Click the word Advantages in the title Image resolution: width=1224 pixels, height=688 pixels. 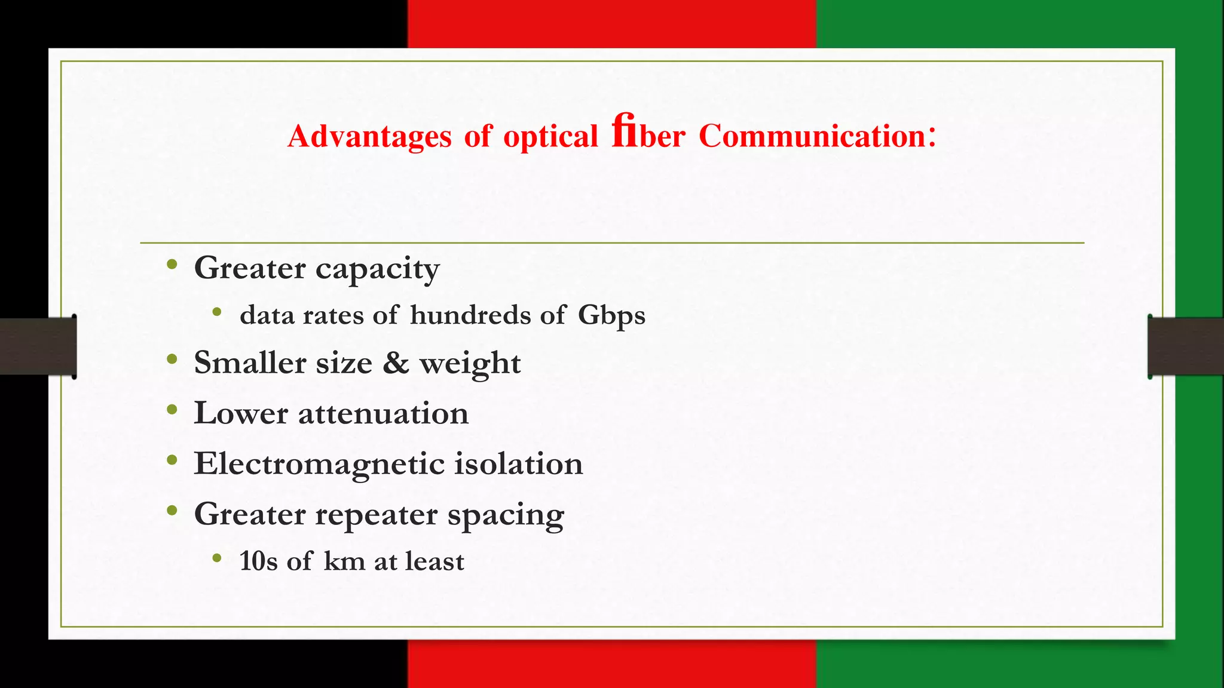tap(369, 136)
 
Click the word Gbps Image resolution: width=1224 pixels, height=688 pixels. tap(611, 315)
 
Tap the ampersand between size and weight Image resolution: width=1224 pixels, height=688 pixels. tap(396, 363)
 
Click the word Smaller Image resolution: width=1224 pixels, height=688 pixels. tap(249, 363)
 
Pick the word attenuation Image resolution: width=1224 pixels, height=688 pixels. tap(383, 413)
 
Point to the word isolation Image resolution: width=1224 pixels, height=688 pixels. tap(518, 464)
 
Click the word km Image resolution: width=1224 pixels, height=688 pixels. tap(344, 561)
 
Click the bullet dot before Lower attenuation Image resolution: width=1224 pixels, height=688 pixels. tap(172, 410)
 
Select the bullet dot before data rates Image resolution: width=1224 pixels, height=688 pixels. tap(217, 312)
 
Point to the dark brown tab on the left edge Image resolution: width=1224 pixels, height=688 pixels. tap(37, 346)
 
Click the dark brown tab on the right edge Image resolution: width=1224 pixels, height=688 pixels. tap(1186, 346)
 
